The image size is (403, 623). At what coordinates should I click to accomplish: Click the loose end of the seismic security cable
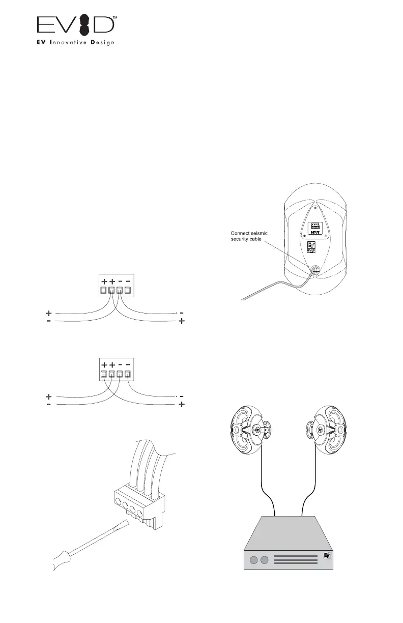(243, 299)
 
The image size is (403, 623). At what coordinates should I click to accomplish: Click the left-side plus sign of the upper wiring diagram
(49, 313)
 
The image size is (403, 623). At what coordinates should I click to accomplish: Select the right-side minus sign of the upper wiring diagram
(182, 313)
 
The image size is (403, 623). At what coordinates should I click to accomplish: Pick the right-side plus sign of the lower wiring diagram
(182, 405)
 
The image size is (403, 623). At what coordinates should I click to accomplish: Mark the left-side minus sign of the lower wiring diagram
(49, 405)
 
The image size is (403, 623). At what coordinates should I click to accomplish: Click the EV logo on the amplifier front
(326, 556)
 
